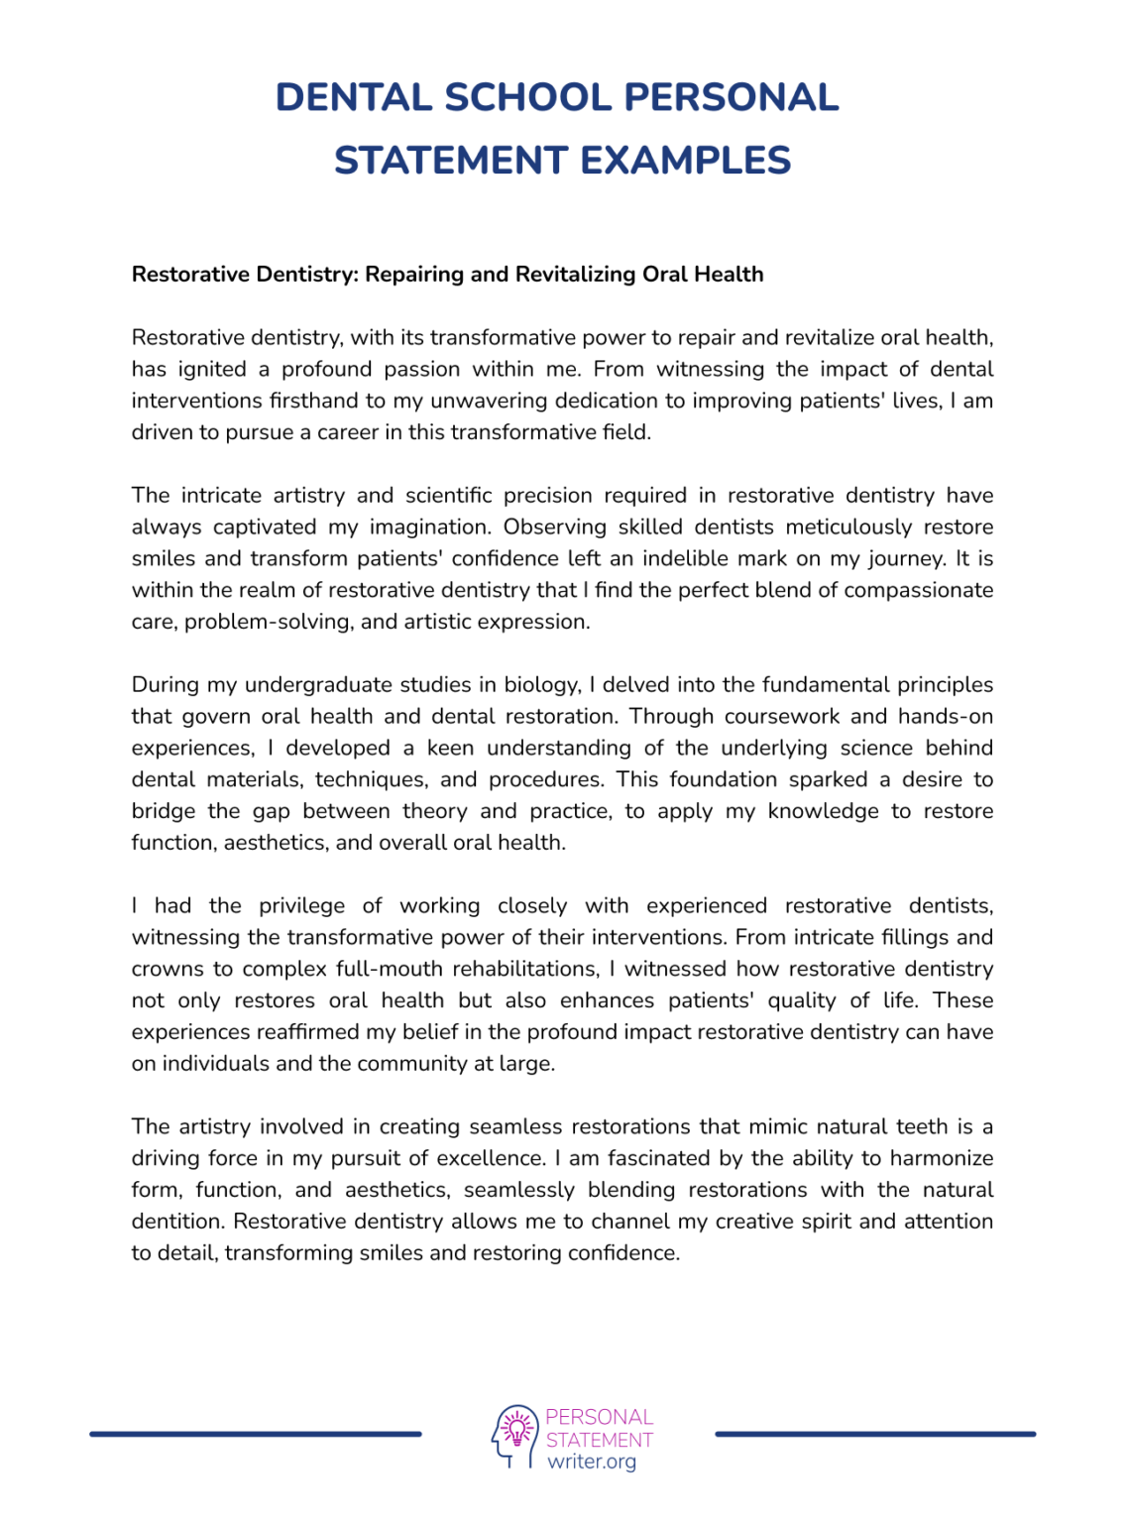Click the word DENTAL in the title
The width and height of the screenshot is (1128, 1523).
coord(353,97)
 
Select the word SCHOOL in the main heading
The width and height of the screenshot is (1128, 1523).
coord(528,97)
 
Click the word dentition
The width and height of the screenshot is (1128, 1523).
coord(177,1222)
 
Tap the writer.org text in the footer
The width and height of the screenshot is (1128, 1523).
coord(592,1463)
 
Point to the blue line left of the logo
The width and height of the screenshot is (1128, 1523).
coord(256,1434)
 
